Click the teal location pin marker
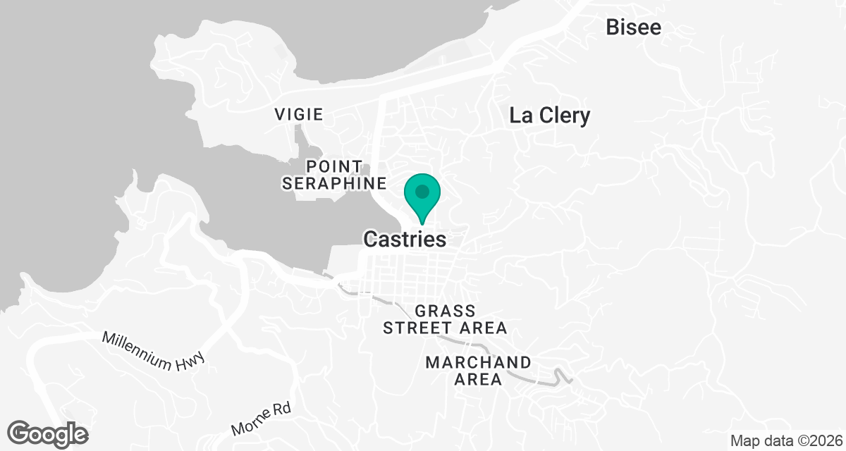[422, 197]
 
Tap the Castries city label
[405, 240]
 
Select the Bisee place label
[634, 27]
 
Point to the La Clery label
[549, 116]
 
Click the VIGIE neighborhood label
[299, 114]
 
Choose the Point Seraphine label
[334, 175]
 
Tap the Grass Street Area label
[444, 319]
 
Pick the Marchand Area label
[479, 371]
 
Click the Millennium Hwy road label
[153, 351]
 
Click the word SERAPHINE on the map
[334, 184]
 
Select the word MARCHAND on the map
[479, 362]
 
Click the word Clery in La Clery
[566, 116]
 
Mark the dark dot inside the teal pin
[422, 191]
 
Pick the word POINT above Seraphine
[334, 167]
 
